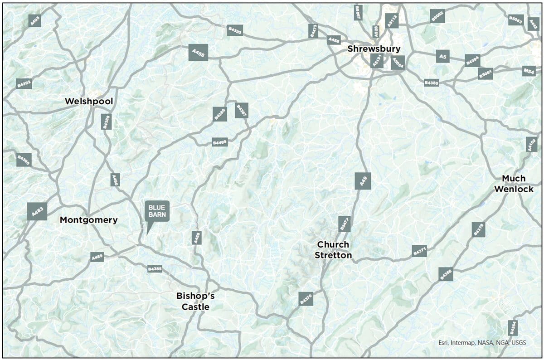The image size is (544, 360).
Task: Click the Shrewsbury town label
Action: (x=374, y=49)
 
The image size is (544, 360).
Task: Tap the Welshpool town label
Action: (x=89, y=101)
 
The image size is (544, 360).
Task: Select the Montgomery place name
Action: (x=89, y=220)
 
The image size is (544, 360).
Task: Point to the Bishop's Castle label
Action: (x=195, y=302)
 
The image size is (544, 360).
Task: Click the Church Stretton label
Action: (x=333, y=250)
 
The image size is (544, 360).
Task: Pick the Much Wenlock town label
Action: (x=514, y=184)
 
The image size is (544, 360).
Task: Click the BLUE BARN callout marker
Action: (x=157, y=211)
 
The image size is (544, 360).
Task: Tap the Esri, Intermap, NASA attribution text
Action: (x=482, y=342)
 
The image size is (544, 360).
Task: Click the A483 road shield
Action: (x=37, y=211)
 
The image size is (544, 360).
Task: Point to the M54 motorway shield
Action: (x=529, y=71)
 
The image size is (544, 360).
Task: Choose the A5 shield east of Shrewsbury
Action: (x=443, y=56)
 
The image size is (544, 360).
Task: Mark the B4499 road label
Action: (x=220, y=142)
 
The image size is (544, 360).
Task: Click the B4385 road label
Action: (x=155, y=269)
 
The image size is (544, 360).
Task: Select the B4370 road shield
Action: (x=306, y=298)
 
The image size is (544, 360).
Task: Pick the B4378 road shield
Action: (x=478, y=229)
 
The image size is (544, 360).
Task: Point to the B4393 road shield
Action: (x=235, y=30)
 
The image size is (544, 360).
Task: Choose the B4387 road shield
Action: (x=242, y=110)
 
